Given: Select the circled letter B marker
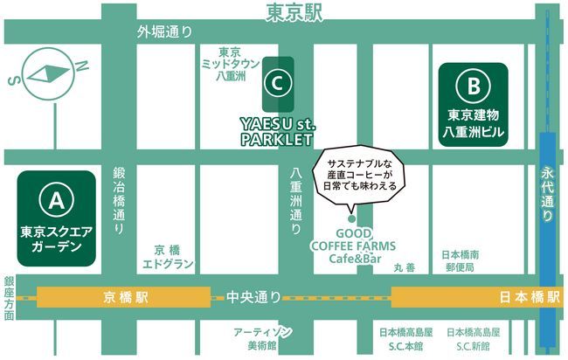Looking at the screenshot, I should point(473,87).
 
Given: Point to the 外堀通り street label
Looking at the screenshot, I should point(164,32).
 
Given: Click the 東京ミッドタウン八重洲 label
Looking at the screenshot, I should point(230,64).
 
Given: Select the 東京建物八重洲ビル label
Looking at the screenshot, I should point(473,125).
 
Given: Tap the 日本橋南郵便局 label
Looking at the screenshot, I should point(460,260).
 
